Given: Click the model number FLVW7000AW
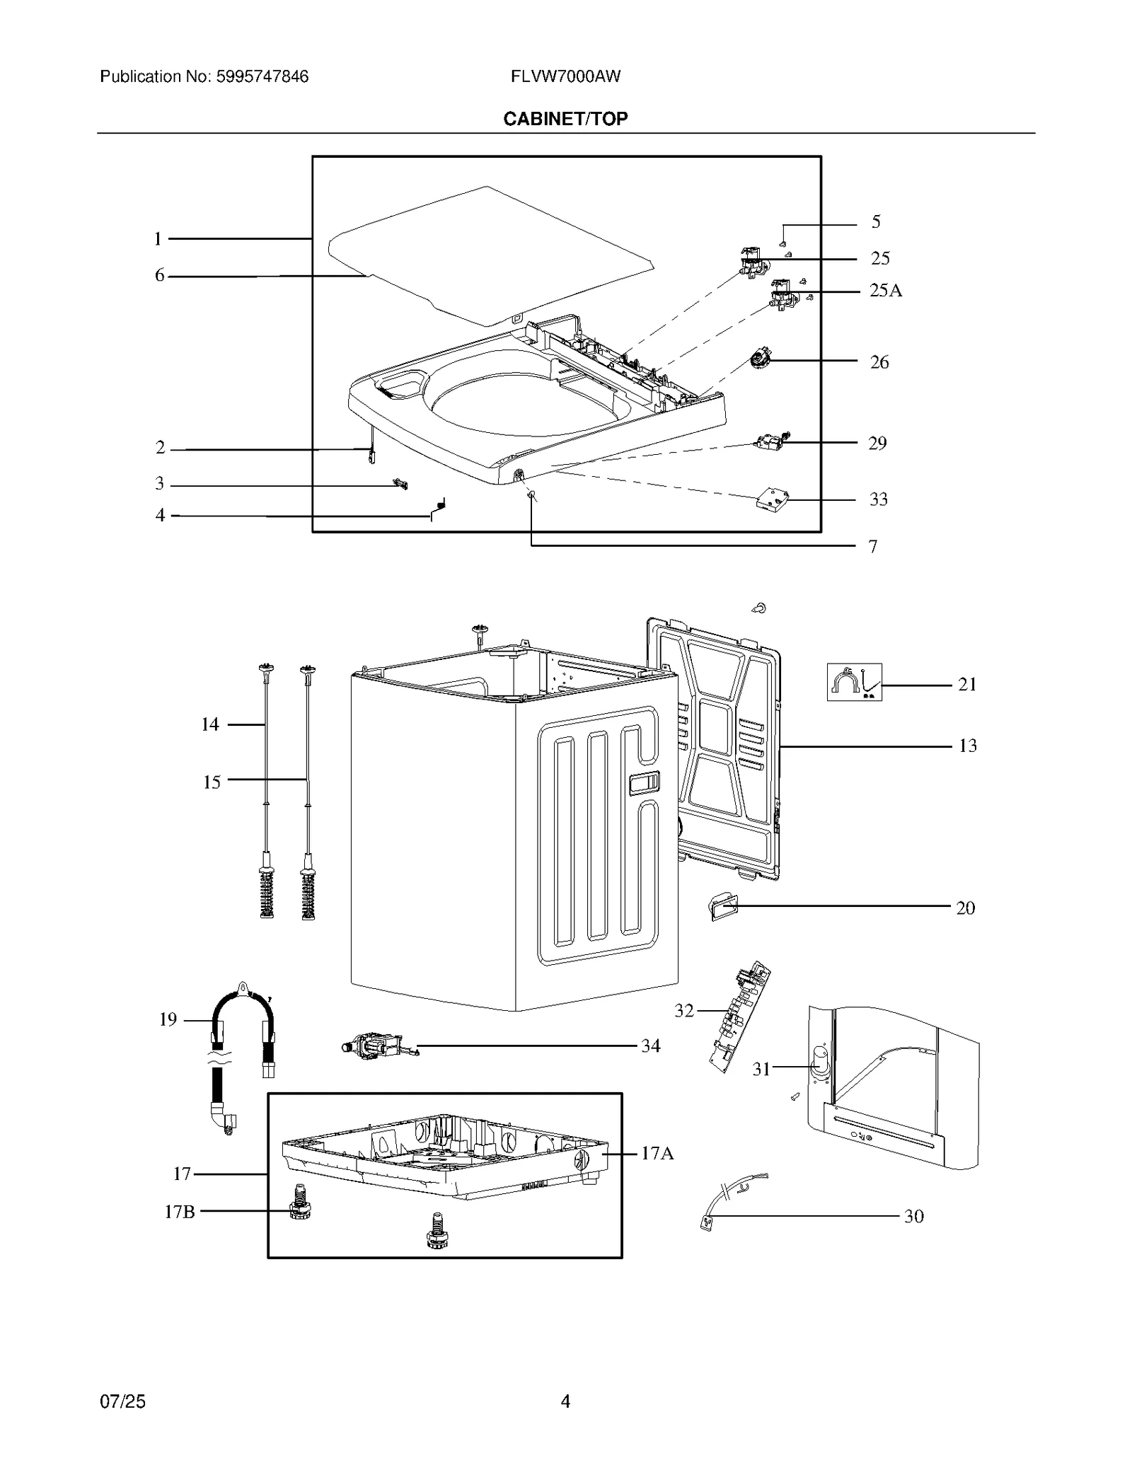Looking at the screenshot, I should pos(565,76).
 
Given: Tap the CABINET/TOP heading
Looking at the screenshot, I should pos(565,119).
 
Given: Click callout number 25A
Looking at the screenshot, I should pos(885,291).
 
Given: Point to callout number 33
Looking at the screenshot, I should pos(878,499).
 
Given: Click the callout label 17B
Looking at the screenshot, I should pos(179,1212).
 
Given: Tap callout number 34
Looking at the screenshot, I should pos(650,1046).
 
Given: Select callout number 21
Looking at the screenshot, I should pos(966,684).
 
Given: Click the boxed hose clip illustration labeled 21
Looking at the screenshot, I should pos(854,682).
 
